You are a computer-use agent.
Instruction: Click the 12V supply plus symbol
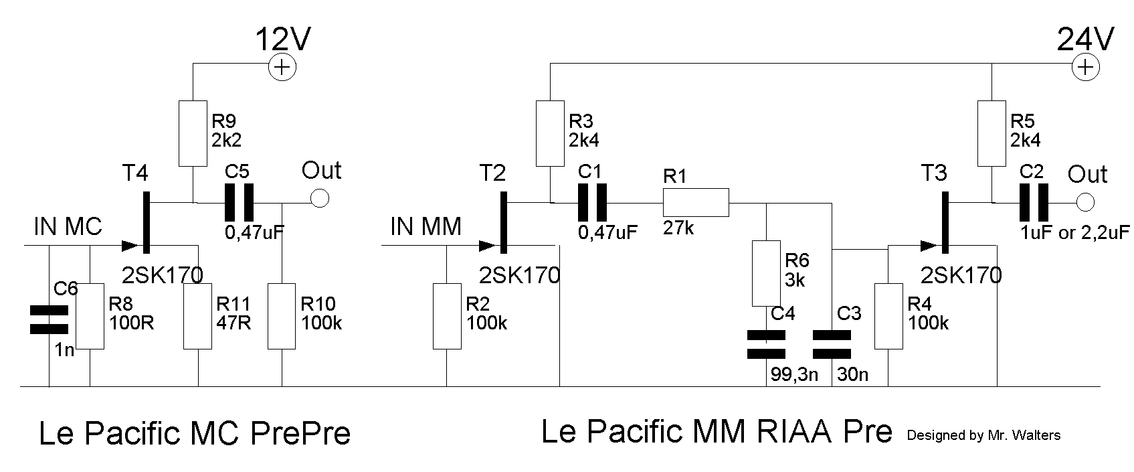[283, 68]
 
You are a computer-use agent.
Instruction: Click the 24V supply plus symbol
[1084, 68]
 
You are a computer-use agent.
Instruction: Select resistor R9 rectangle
[193, 133]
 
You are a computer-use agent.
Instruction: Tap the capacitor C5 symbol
[239, 202]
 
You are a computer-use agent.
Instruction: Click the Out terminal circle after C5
[320, 199]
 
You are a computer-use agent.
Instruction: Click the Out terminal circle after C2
[1086, 202]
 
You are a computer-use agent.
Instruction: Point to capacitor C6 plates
[49, 319]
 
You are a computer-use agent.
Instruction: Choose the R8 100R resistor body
[90, 316]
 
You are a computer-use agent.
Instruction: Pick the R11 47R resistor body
[198, 316]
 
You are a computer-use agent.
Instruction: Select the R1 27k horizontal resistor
[696, 202]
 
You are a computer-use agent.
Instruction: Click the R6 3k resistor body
[766, 273]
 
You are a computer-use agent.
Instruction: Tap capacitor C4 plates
[766, 343]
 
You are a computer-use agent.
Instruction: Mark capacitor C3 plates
[832, 343]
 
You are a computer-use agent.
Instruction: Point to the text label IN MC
[68, 227]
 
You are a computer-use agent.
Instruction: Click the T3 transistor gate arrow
[929, 246]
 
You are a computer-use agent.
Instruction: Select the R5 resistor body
[991, 133]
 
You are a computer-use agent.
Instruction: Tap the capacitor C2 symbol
[1034, 202]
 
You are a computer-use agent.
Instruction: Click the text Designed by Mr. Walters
[983, 436]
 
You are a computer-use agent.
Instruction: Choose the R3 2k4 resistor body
[550, 133]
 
